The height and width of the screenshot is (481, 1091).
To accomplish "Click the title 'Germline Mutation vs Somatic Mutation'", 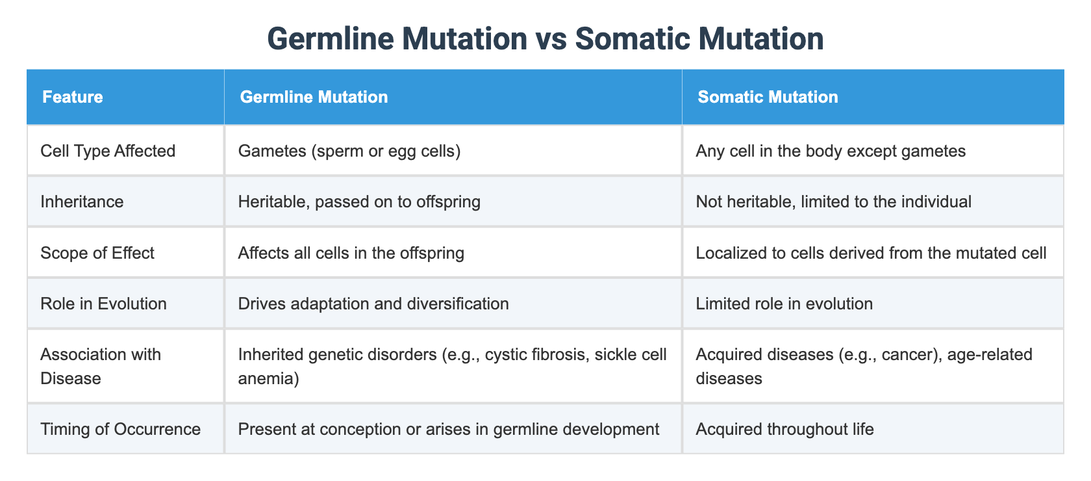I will click(x=545, y=39).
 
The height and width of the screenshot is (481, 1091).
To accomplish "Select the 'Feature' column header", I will click(x=73, y=97).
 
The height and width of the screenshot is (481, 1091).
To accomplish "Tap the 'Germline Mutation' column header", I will click(x=314, y=97).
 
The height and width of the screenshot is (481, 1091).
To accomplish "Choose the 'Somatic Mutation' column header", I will click(x=768, y=97).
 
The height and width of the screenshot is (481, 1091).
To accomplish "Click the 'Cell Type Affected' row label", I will click(x=108, y=151).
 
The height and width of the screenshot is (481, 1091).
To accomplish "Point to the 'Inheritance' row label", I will click(x=82, y=201).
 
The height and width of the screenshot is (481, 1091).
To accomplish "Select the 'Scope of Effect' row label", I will click(x=97, y=252).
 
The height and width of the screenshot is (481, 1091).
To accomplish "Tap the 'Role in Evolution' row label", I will click(x=103, y=303).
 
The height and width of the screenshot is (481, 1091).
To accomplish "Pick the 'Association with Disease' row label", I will click(x=101, y=366).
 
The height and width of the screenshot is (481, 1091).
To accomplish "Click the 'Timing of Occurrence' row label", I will click(x=120, y=429).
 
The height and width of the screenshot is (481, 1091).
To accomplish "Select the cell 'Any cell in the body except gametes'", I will click(x=831, y=151).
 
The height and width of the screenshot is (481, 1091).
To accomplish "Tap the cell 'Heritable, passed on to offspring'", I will click(x=359, y=201).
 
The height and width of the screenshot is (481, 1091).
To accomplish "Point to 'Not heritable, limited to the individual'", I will click(x=833, y=201).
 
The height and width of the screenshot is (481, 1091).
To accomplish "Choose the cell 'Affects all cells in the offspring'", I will click(x=351, y=252).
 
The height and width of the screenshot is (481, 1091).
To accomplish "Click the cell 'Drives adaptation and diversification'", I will click(x=373, y=303).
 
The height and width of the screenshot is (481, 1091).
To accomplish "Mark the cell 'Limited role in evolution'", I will click(x=784, y=303).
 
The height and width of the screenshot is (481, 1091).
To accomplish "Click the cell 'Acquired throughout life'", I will click(x=784, y=429).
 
